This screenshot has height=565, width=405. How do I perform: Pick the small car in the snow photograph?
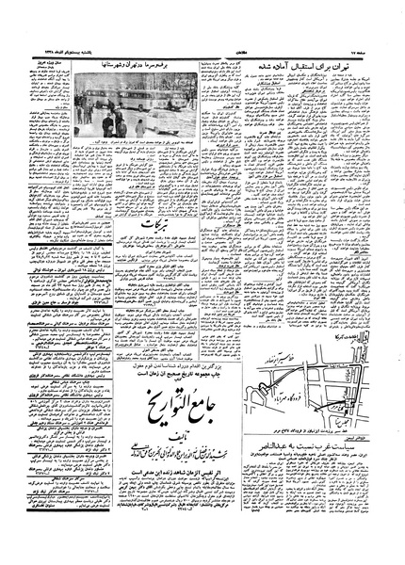tap(139, 124)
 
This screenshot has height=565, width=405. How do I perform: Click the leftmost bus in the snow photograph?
tap(94, 104)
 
